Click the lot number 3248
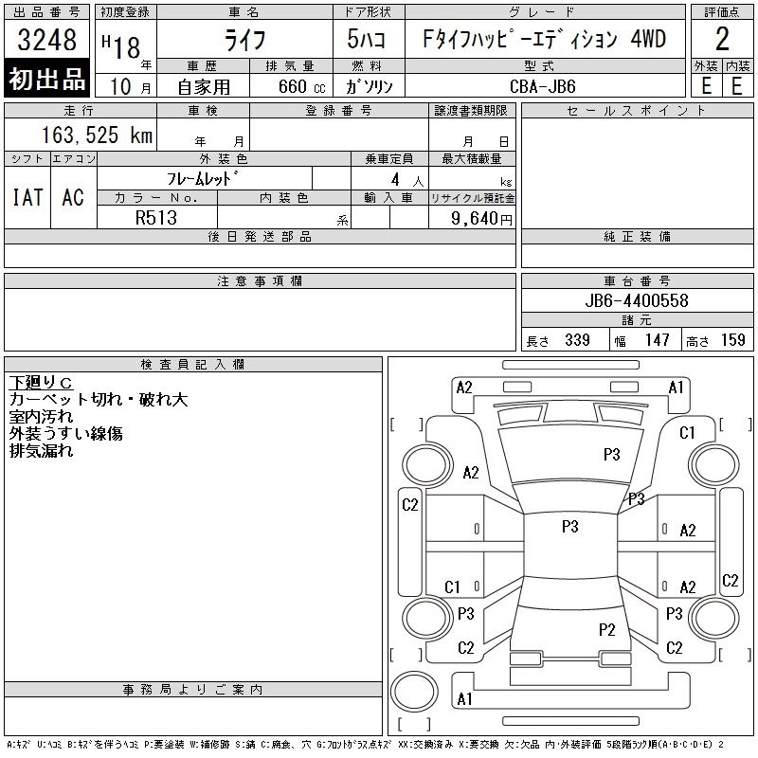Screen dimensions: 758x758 [46, 41]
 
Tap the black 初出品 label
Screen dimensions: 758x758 [47, 79]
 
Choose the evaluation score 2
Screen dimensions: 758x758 [722, 40]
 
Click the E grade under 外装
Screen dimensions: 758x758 [706, 84]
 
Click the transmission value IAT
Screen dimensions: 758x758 [27, 197]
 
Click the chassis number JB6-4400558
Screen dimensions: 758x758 [637, 300]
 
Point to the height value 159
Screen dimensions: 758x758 [732, 340]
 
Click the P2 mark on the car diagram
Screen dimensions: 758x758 [607, 629]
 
